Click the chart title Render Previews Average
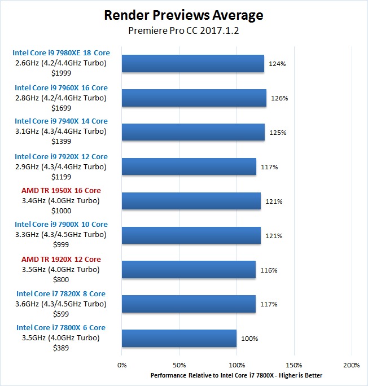[x=184, y=15]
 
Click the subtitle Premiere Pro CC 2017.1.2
[x=184, y=30]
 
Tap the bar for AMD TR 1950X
[x=191, y=201]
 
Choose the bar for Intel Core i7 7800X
[x=179, y=339]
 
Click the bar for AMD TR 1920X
[x=189, y=270]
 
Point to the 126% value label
[x=279, y=98]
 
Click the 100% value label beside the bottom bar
[x=249, y=339]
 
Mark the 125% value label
[x=278, y=133]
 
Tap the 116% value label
[x=269, y=270]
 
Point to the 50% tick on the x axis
[x=179, y=365]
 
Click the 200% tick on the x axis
[x=351, y=365]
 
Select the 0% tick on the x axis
[x=121, y=365]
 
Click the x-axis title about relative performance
[x=236, y=375]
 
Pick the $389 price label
[x=60, y=348]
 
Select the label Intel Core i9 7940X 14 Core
[x=61, y=121]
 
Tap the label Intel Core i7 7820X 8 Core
[x=61, y=293]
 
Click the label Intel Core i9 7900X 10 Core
[x=61, y=224]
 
